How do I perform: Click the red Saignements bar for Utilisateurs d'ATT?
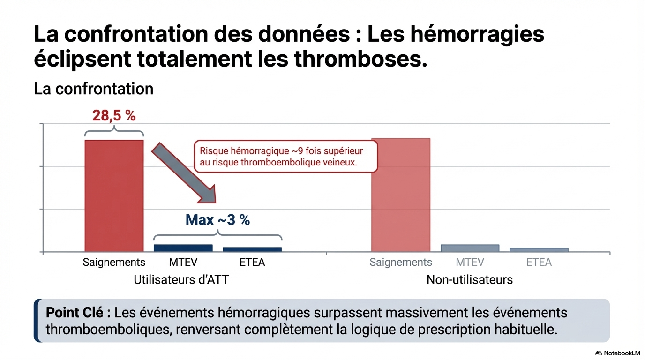114,195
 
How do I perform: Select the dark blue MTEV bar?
183,248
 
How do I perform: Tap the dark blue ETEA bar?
252,249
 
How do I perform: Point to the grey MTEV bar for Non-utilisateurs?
470,248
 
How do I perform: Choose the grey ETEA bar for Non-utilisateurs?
539,250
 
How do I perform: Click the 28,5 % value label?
114,115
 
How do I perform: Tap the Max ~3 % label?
217,220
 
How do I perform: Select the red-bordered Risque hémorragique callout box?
285,157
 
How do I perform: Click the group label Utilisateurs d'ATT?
181,280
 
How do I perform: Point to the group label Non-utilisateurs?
470,280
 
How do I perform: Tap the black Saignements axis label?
114,262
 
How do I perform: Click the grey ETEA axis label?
539,262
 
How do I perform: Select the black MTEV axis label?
183,262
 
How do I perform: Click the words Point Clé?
78,313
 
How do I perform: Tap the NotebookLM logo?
617,353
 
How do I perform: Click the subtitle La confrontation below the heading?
94,89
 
